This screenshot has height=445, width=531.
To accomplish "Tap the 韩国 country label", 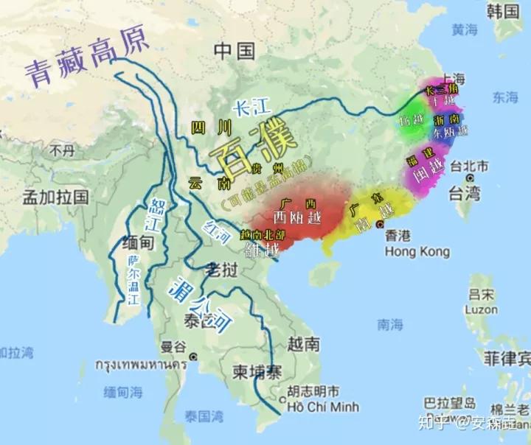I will tap(503, 10).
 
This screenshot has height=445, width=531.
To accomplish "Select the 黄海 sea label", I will tap(465, 30).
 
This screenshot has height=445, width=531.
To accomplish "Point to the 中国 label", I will tap(235, 50).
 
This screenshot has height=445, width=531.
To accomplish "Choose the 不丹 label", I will tap(62, 150).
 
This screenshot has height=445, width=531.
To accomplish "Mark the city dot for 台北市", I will tap(470, 179).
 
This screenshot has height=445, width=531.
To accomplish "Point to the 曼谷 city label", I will tap(173, 346).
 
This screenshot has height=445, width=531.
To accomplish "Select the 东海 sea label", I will tap(506, 97).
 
